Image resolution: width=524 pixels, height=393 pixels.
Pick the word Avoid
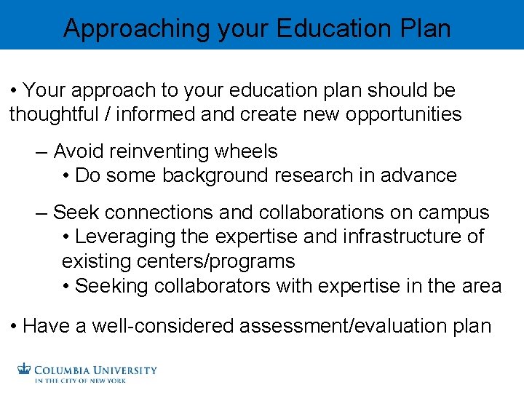(x=79, y=151)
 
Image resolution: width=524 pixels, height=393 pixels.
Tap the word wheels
(x=247, y=151)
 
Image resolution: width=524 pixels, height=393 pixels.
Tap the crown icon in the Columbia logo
(x=25, y=370)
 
